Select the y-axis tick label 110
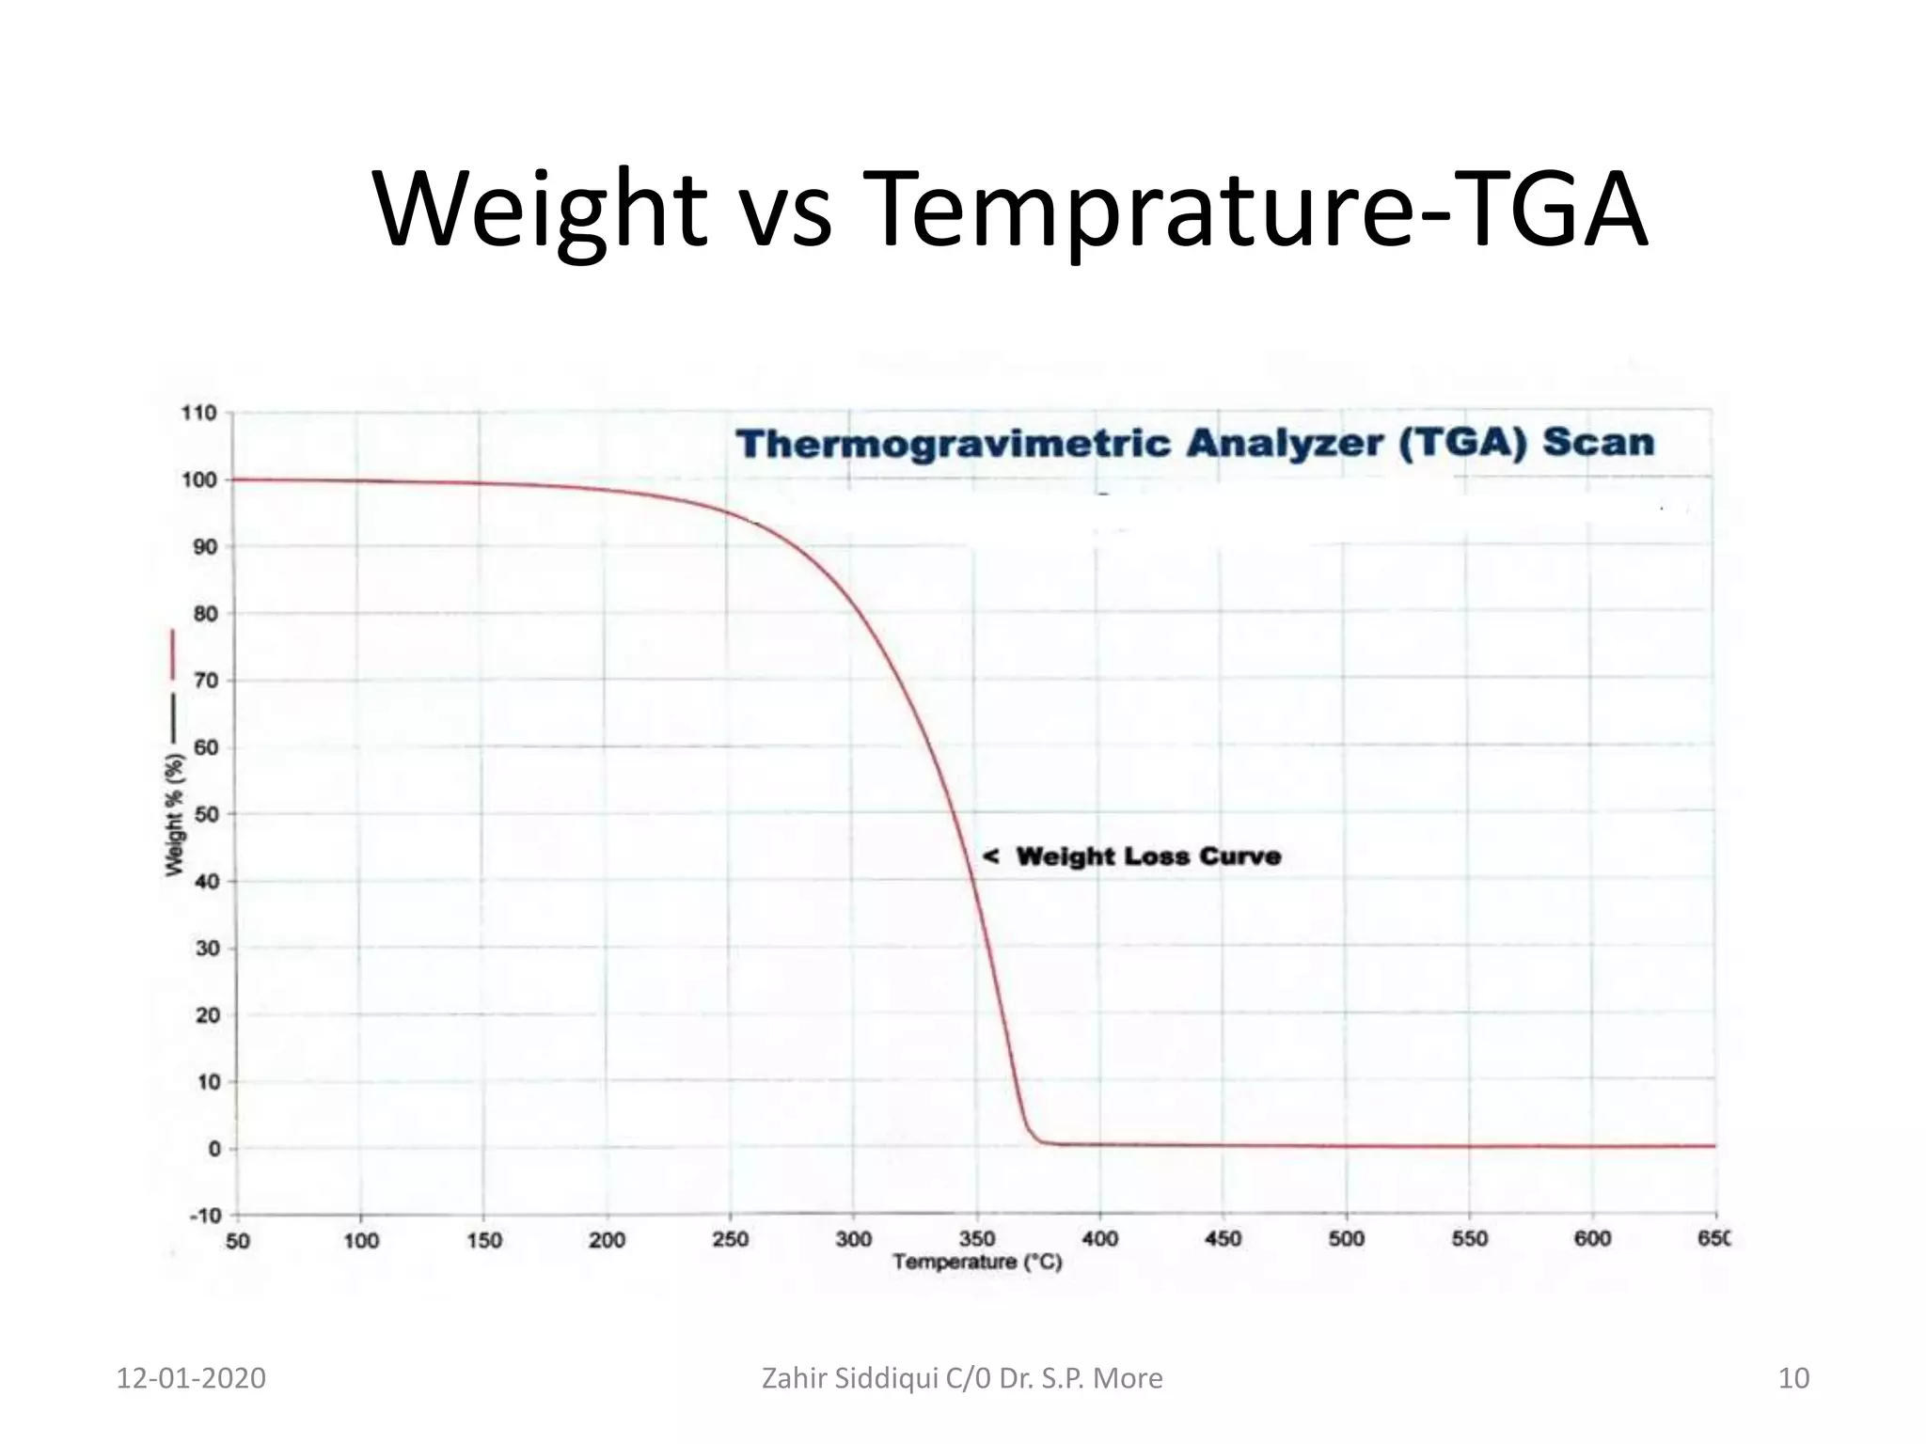pos(198,413)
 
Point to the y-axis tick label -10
pos(204,1216)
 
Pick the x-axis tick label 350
pos(977,1239)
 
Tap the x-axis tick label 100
pos(360,1241)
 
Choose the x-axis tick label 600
pos(1592,1239)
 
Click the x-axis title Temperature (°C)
pos(977,1262)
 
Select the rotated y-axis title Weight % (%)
pos(175,814)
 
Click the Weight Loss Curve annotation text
pos(1148,856)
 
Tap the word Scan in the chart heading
pos(1598,441)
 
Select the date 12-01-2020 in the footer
pos(191,1378)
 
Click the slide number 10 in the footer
pos(1793,1378)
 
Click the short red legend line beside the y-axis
pos(173,654)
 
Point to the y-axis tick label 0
pos(214,1149)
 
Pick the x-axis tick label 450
pos(1223,1239)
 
